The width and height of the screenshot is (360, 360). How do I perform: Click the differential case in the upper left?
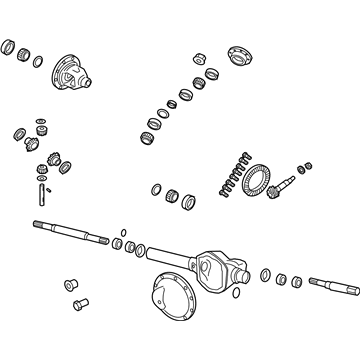pyautogui.click(x=74, y=69)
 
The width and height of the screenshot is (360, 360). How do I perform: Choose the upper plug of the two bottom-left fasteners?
pyautogui.click(x=70, y=284)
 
